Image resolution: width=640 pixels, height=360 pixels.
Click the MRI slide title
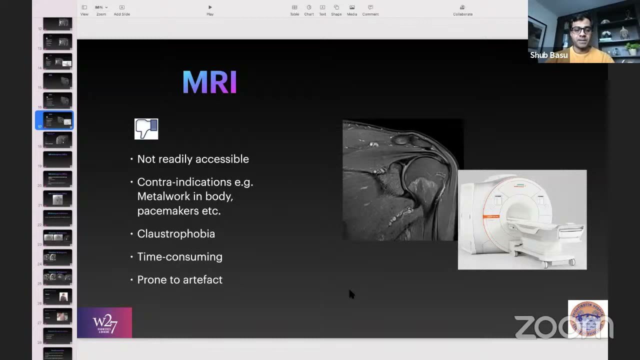[x=209, y=82]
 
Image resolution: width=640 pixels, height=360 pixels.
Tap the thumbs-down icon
[x=146, y=129]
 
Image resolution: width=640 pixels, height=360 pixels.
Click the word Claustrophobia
[x=176, y=234]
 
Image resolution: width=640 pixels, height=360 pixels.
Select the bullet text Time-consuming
[x=179, y=257]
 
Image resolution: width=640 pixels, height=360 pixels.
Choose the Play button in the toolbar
[x=210, y=9]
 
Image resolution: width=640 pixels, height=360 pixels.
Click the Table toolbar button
[x=294, y=9]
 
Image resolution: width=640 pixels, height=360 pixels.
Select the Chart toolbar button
[x=309, y=9]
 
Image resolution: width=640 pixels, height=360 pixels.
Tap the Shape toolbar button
[x=336, y=9]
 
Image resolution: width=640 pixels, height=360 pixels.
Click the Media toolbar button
[x=352, y=9]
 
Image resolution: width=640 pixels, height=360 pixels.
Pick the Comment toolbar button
[x=370, y=9]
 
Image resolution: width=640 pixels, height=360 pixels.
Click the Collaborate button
[x=462, y=9]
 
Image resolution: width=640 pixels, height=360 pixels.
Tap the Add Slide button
[x=121, y=9]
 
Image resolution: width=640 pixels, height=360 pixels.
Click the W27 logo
[x=104, y=323]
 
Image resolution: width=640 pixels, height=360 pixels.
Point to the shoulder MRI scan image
[x=400, y=180]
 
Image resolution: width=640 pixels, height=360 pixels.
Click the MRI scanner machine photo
[x=522, y=220]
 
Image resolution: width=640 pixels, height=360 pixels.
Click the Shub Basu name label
[x=548, y=55]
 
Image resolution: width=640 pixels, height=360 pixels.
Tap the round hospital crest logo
[x=588, y=319]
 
